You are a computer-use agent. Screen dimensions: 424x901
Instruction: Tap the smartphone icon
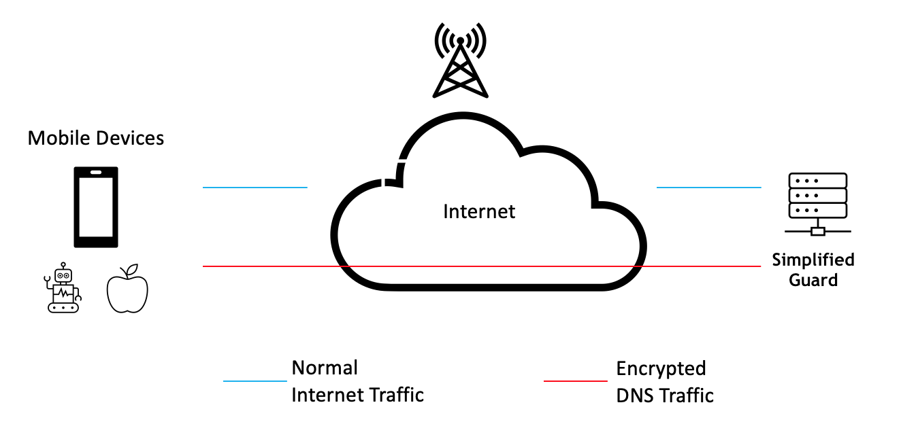tap(96, 207)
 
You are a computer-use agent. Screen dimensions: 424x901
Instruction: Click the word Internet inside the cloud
tap(479, 211)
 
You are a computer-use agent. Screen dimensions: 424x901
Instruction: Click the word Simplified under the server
tap(813, 260)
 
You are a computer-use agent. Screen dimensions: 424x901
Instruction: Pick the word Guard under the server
tap(813, 279)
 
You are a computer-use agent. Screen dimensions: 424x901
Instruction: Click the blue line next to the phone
tap(255, 187)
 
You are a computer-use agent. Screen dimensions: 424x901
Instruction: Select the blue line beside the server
tap(708, 187)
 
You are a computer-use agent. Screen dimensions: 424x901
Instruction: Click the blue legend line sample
tap(255, 381)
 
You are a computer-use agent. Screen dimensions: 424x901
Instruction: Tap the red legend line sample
tap(576, 381)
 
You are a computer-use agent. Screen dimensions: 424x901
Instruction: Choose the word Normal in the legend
tap(325, 368)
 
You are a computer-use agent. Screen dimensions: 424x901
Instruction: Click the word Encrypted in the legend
tap(661, 369)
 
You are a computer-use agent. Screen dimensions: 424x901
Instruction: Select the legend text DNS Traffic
tap(665, 395)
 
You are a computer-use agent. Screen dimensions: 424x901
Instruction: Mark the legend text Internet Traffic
tap(357, 394)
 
